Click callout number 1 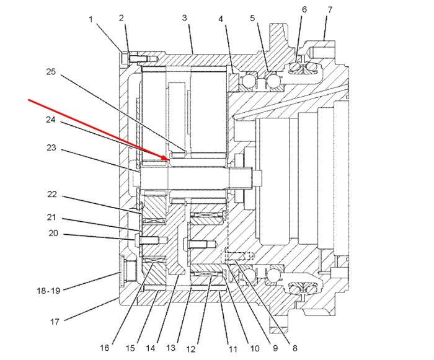pos(91,19)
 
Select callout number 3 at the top pos(185,18)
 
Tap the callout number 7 pos(330,10)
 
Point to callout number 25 pos(51,72)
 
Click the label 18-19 pos(48,291)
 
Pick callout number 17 pos(55,322)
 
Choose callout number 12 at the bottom pos(191,349)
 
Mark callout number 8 pos(294,348)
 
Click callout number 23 pos(51,147)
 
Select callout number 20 pos(53,233)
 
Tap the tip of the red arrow pos(169,160)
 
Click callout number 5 pos(252,18)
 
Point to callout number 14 pos(150,348)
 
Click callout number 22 pos(51,195)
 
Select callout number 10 pos(255,348)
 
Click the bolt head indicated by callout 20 pos(138,240)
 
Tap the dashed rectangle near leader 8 pos(237,257)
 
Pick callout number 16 pos(104,348)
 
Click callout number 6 pos(304,10)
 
